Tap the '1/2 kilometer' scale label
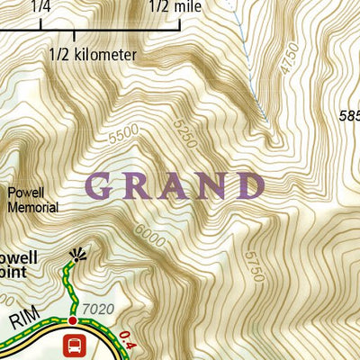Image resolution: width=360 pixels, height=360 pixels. (93, 55)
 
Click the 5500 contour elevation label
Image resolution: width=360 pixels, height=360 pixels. (124, 136)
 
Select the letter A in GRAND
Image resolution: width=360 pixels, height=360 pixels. (175, 186)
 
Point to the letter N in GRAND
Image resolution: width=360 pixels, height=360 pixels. (212, 186)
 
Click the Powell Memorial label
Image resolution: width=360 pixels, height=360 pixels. (32, 200)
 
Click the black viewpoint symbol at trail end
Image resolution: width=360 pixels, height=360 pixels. (77, 256)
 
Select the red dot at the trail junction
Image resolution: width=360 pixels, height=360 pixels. (73, 319)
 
